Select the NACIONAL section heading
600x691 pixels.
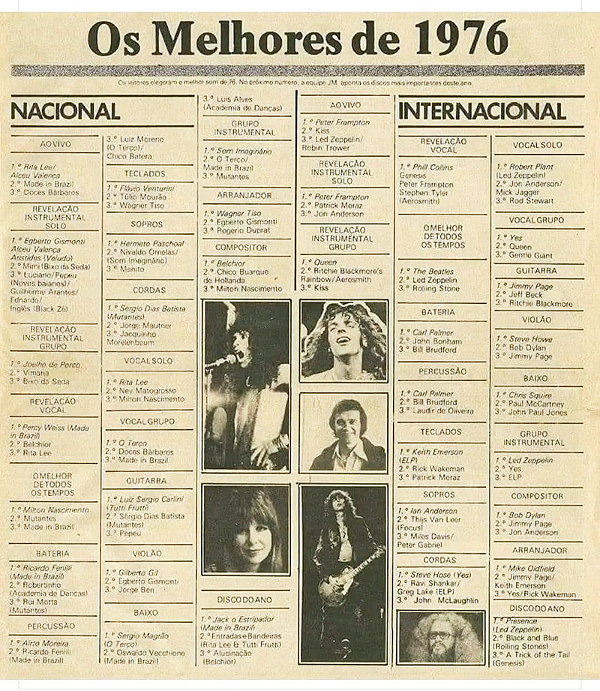pos(65,111)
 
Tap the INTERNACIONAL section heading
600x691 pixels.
pos(482,111)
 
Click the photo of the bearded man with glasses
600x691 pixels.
pos(441,638)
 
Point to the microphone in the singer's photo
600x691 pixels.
pos(219,363)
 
